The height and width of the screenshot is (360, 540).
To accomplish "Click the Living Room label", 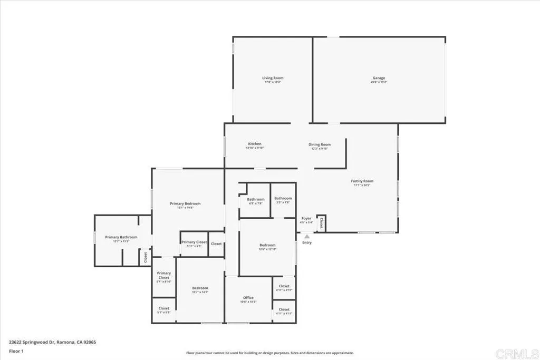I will (273, 78).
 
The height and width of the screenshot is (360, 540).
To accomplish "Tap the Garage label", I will (379, 78).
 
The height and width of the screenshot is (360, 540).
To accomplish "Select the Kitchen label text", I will (255, 144).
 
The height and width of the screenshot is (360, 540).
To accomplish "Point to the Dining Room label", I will (320, 144).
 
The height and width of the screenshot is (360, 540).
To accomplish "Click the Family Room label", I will (362, 181).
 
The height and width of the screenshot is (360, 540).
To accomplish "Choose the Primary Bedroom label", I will (185, 203).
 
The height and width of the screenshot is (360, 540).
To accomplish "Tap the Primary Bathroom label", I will (121, 237).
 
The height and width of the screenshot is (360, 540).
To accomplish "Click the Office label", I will (248, 298).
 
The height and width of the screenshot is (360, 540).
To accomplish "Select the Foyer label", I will (306, 218).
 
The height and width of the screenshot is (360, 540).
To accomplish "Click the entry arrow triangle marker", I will (307, 237).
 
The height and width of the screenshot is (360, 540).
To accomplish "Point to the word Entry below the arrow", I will (307, 242).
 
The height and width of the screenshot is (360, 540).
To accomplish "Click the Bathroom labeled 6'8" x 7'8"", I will (256, 199).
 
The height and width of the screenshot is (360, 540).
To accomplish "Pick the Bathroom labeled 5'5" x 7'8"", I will (283, 198).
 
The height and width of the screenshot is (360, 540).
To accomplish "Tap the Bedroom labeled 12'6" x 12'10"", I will (267, 245).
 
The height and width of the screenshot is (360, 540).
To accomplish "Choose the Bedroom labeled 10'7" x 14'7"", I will (200, 288).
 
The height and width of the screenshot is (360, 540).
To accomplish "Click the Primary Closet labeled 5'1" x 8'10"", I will (164, 275).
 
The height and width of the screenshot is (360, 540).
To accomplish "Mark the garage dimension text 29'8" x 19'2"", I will (379, 82).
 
